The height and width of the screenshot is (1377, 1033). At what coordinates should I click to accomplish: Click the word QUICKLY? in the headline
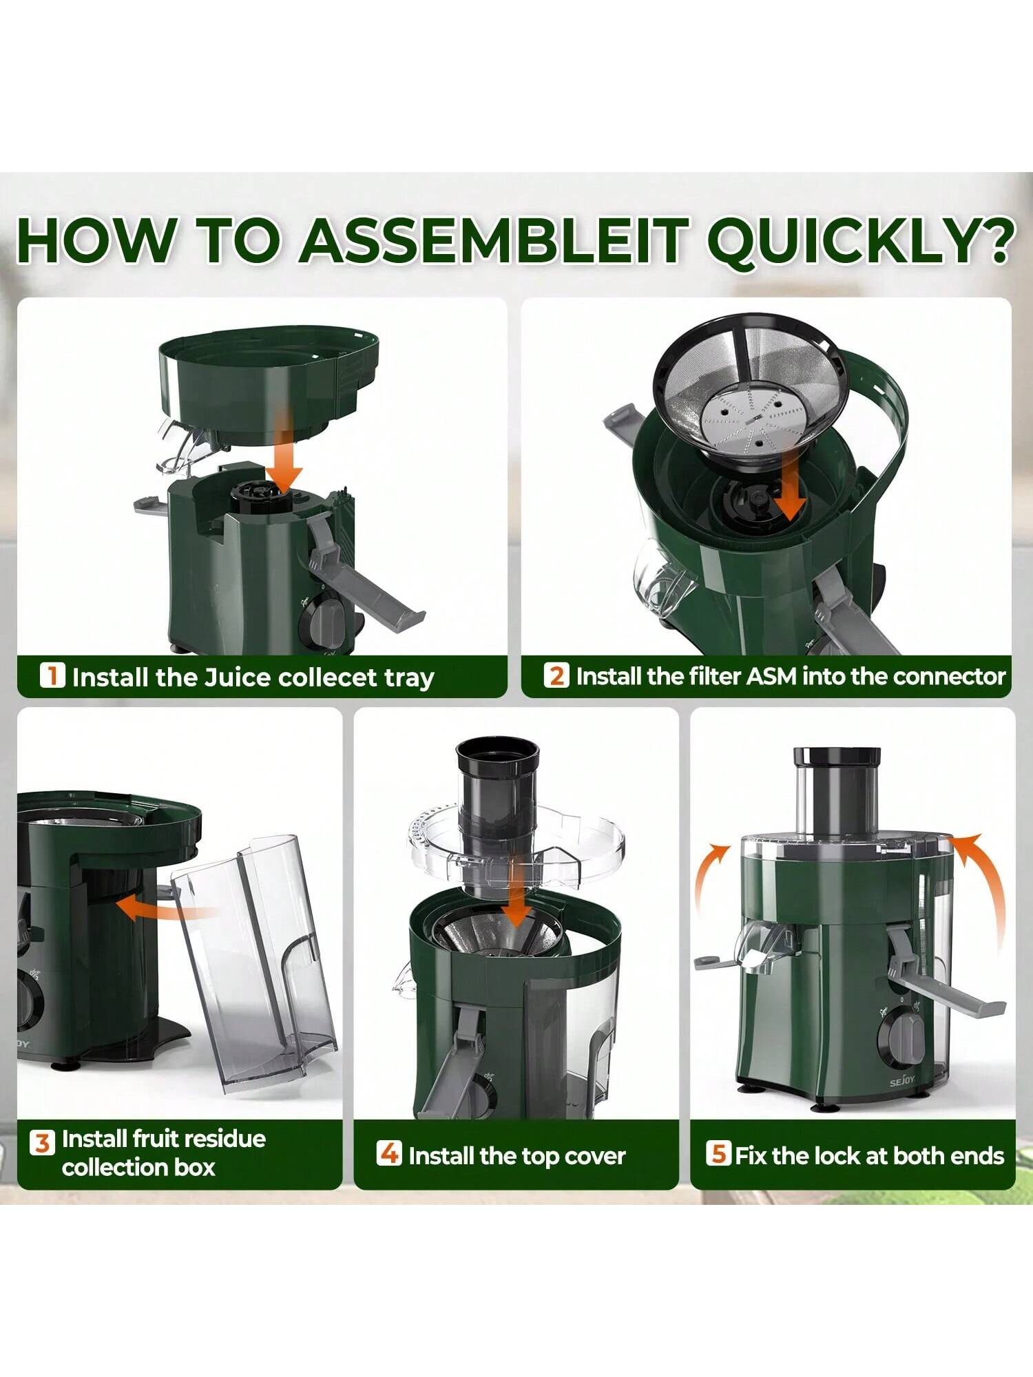tap(860, 240)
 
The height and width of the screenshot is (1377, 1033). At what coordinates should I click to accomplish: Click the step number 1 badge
tap(52, 675)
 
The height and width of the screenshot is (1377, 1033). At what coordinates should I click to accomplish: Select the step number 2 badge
tap(556, 675)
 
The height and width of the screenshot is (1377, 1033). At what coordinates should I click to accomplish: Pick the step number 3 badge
tap(42, 1144)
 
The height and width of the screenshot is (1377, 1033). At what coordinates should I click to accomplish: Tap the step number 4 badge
tap(389, 1153)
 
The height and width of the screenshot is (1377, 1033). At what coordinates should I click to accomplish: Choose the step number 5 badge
tap(718, 1153)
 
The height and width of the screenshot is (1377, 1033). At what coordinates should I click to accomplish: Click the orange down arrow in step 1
tap(284, 448)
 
